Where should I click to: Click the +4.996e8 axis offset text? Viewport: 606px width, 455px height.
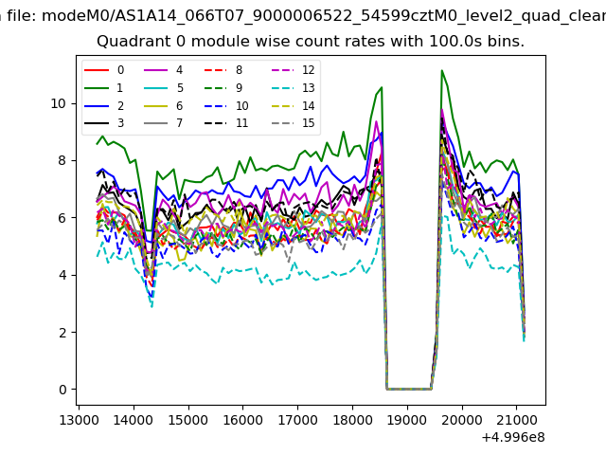click(x=512, y=437)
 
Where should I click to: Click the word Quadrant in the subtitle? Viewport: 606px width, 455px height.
click(x=128, y=43)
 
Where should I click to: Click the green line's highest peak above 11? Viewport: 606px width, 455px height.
click(x=441, y=71)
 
